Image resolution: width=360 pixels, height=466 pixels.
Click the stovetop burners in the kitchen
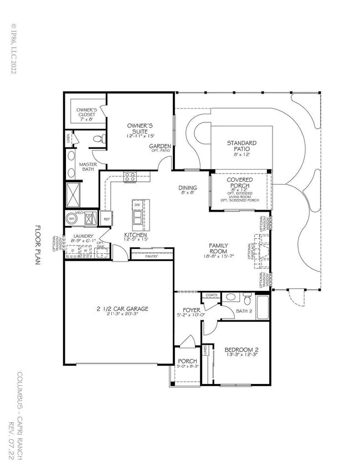tap(131, 177)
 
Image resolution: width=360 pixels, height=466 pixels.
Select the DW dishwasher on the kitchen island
tap(137, 206)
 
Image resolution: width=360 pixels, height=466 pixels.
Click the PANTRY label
tap(151, 257)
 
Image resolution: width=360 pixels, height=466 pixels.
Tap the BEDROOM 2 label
tap(241, 350)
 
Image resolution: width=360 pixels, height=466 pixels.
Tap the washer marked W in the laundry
tap(86, 250)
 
